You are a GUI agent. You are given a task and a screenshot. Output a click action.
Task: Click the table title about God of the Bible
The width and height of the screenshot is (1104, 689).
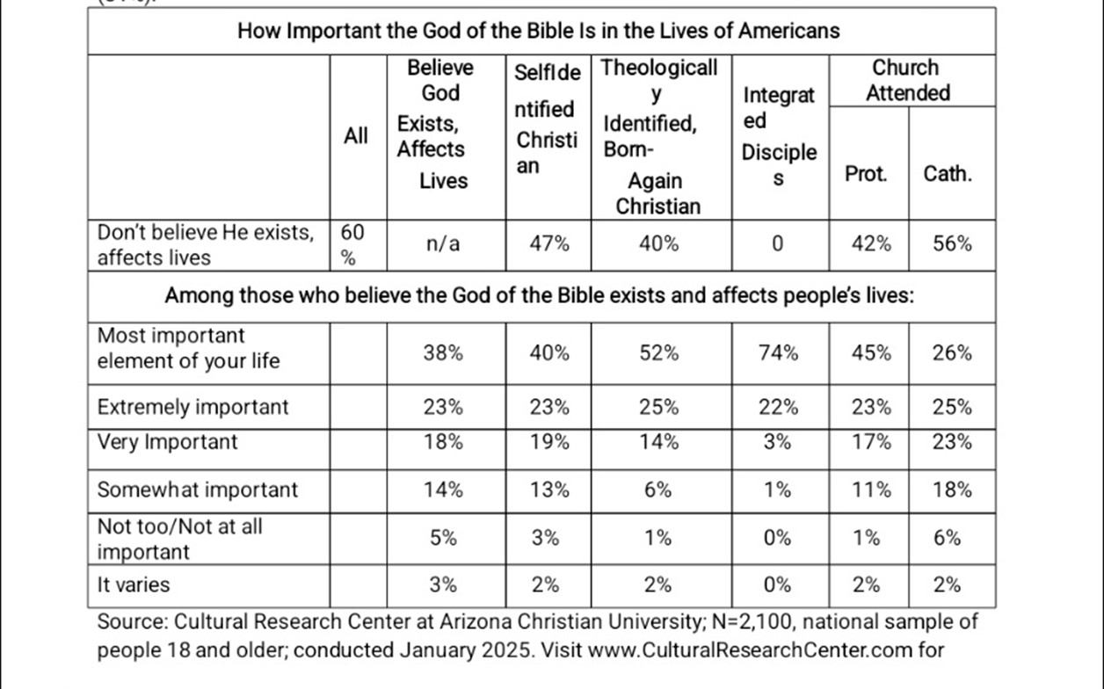pos(539,31)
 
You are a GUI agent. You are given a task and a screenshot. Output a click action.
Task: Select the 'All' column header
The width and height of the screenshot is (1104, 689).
pos(356,136)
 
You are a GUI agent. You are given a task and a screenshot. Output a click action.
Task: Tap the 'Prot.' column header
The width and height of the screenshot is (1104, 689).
pos(866,173)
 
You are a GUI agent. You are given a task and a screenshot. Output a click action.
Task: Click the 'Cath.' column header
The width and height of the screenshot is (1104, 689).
pos(948,173)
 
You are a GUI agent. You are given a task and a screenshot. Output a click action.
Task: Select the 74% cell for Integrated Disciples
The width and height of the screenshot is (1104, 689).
pos(778,353)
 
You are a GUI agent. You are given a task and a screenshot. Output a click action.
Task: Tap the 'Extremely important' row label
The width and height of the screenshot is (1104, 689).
pos(192,407)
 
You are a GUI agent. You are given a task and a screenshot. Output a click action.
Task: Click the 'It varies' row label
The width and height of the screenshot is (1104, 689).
pos(134,584)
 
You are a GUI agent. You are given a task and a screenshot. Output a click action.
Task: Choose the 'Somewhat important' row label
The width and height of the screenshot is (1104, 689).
pos(198,490)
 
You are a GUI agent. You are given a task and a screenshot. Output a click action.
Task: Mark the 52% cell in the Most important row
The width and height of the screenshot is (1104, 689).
pos(658,353)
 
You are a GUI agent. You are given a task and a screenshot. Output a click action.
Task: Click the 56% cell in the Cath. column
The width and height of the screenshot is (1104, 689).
pos(953,244)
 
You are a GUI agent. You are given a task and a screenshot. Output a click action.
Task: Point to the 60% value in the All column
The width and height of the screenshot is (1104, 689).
pos(352,244)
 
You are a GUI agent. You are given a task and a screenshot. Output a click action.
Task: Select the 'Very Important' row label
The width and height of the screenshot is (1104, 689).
pos(167,441)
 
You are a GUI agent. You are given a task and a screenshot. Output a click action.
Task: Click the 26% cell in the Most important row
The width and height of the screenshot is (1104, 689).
pos(953,353)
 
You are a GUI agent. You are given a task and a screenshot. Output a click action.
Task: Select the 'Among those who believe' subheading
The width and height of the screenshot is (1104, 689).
pos(541,295)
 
